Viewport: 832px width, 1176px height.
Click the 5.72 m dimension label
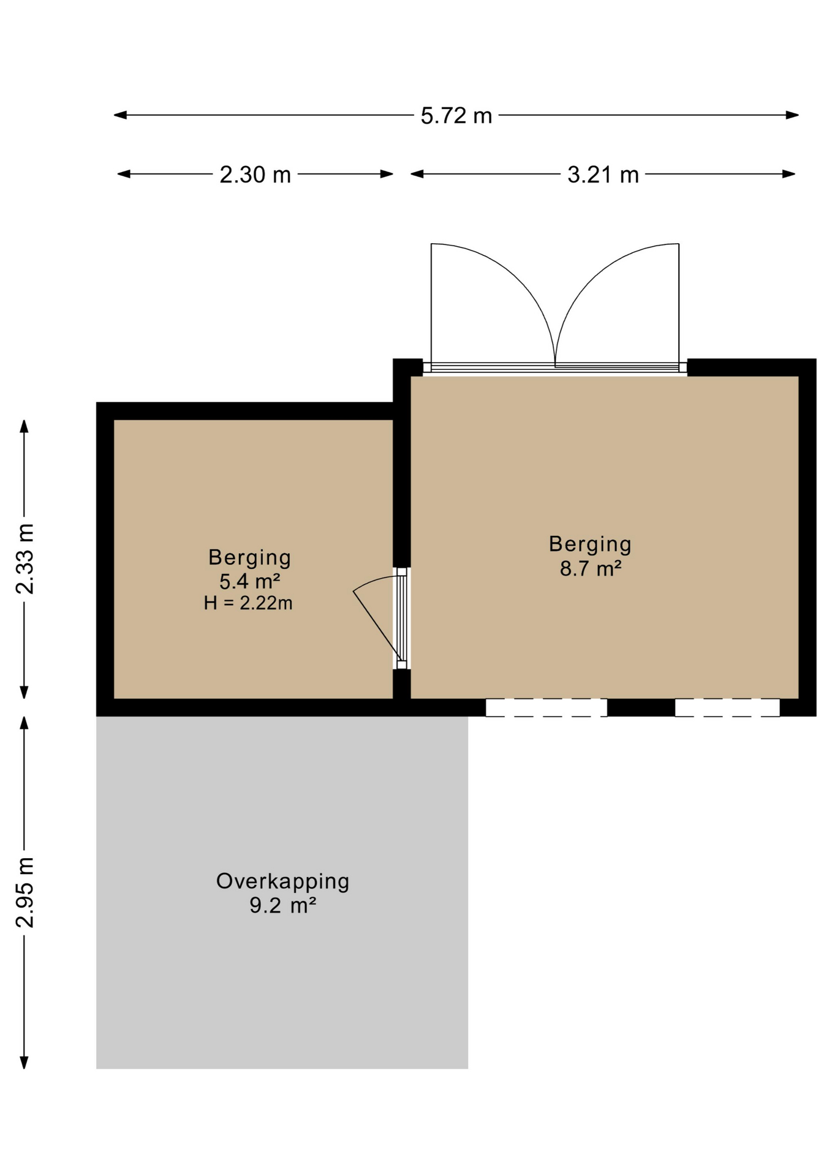pyautogui.click(x=456, y=116)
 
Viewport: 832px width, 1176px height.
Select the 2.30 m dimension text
pyautogui.click(x=255, y=175)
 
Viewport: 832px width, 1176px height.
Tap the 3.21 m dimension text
pyautogui.click(x=603, y=175)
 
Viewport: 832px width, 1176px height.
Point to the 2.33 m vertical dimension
pyautogui.click(x=25, y=559)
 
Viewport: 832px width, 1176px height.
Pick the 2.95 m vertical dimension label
pyautogui.click(x=25, y=892)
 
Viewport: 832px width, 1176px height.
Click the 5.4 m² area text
pyautogui.click(x=250, y=581)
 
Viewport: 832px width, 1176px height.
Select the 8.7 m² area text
pyautogui.click(x=591, y=568)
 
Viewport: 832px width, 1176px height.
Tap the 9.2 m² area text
pyautogui.click(x=282, y=905)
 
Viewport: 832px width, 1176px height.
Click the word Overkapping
pyautogui.click(x=282, y=881)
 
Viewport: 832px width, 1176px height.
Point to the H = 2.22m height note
pyautogui.click(x=248, y=603)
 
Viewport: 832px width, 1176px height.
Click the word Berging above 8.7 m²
pyautogui.click(x=590, y=544)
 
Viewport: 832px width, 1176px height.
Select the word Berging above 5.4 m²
pyautogui.click(x=249, y=557)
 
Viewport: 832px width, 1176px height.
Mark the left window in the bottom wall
pyautogui.click(x=546, y=707)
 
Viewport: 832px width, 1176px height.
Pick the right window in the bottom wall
pyautogui.click(x=727, y=707)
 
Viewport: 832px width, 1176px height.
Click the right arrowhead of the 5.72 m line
pyautogui.click(x=793, y=115)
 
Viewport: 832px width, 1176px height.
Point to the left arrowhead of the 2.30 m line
pyautogui.click(x=124, y=174)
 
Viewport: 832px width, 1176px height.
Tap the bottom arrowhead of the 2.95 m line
pyautogui.click(x=25, y=1063)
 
